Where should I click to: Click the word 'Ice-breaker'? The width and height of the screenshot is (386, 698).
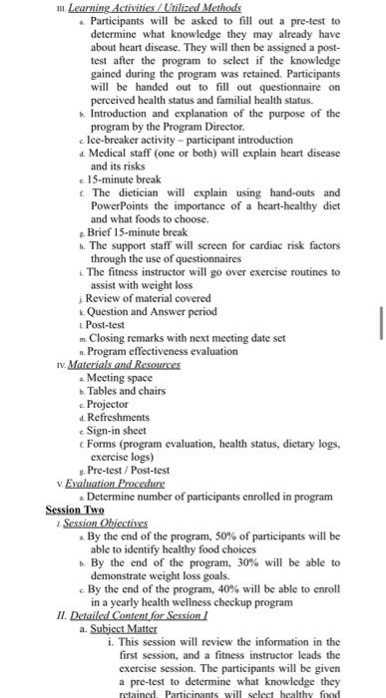point(113,140)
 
